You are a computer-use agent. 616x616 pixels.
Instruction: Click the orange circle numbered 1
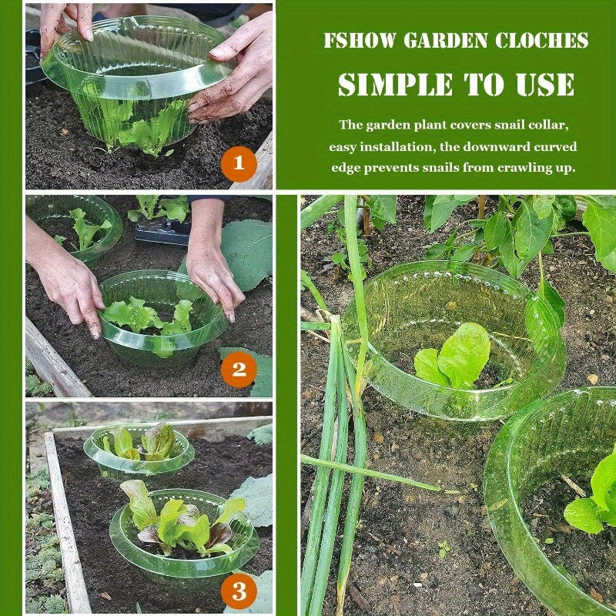pos(239,163)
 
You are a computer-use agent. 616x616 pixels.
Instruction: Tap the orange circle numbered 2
pos(239,370)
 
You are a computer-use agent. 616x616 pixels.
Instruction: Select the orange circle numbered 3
pos(239,591)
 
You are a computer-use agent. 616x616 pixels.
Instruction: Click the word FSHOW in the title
pos(360,41)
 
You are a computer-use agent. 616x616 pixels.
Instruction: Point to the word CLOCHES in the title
pos(542,41)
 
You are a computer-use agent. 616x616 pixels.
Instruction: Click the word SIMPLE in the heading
pos(395,84)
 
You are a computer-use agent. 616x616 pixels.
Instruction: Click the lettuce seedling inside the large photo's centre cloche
pos(453,356)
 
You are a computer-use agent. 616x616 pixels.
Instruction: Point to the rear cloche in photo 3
pos(139,452)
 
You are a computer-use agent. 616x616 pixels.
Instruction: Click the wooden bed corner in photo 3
pos(50,434)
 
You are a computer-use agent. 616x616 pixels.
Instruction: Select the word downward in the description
pos(494,147)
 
